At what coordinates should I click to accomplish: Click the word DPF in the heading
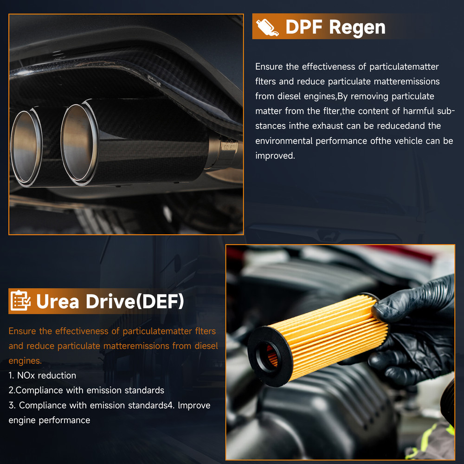point(303,27)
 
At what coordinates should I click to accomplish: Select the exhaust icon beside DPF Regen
point(267,27)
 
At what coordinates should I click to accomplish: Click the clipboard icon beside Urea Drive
point(20,301)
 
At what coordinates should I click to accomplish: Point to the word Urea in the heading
point(58,302)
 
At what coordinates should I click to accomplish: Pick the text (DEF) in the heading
point(159,302)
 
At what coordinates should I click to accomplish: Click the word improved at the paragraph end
point(275,156)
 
